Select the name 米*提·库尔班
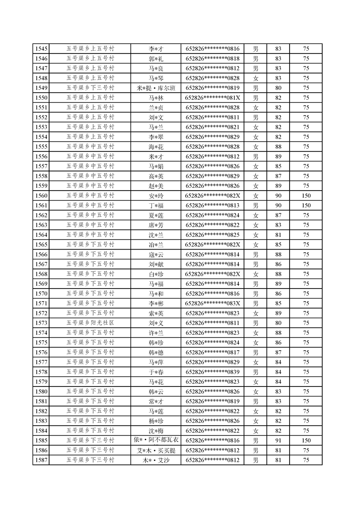(x=156, y=88)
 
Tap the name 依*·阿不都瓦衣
(x=156, y=440)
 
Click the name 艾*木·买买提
(x=156, y=450)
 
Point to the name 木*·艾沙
(x=156, y=460)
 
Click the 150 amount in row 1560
(x=306, y=196)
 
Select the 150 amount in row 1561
(x=306, y=206)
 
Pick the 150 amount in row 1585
(x=306, y=440)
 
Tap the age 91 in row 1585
(x=278, y=440)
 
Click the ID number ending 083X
(x=212, y=303)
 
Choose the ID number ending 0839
(x=212, y=372)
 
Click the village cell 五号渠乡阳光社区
(x=90, y=323)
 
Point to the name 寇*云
(x=156, y=254)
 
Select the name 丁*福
(x=156, y=206)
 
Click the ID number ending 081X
(x=212, y=98)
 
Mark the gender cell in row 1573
(x=256, y=323)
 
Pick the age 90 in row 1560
(x=278, y=196)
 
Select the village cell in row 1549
(x=90, y=88)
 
